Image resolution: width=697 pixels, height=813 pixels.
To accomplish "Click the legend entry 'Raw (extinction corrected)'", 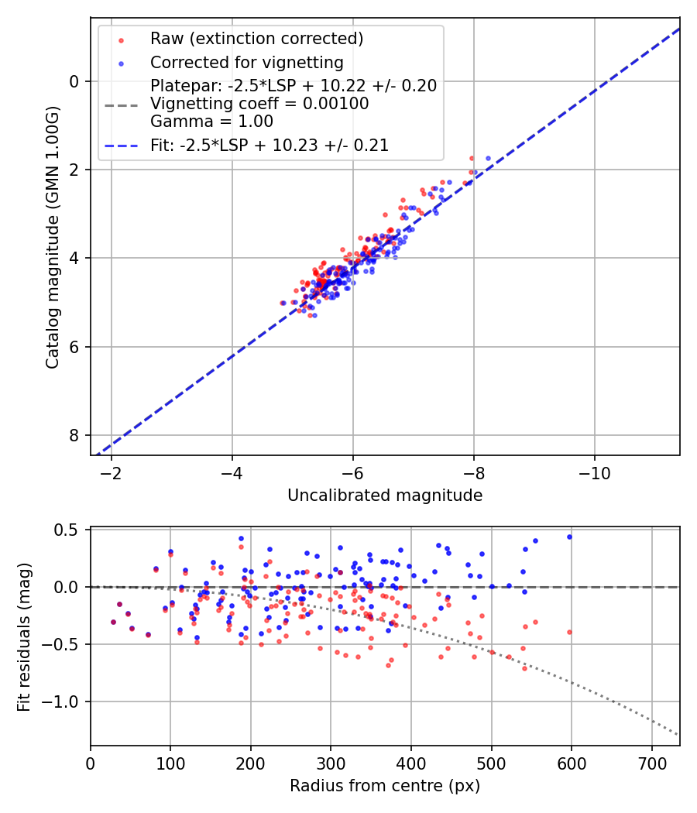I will tap(256, 39).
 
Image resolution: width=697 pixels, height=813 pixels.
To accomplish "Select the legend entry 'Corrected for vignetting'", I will tap(246, 62).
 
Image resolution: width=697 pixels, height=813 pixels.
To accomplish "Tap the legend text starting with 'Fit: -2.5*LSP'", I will tap(269, 145).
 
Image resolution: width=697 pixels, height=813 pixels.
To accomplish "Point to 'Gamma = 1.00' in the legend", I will tap(211, 121).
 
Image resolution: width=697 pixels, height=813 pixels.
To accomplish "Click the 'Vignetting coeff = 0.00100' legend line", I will tap(259, 103).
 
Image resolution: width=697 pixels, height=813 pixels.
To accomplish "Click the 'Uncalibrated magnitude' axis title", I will tap(385, 496).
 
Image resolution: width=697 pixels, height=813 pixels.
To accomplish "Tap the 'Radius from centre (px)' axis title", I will tap(385, 786).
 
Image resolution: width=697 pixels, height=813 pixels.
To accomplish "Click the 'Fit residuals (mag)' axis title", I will tap(24, 636).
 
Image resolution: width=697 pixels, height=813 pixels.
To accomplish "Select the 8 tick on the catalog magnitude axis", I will tap(75, 435).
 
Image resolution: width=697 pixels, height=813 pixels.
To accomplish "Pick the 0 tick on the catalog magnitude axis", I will tap(75, 81).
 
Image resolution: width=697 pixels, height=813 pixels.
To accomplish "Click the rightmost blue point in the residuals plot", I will tap(569, 537).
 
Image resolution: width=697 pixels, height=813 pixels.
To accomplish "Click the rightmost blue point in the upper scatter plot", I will tap(488, 158).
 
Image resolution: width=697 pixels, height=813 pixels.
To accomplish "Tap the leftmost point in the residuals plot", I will tap(113, 622).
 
